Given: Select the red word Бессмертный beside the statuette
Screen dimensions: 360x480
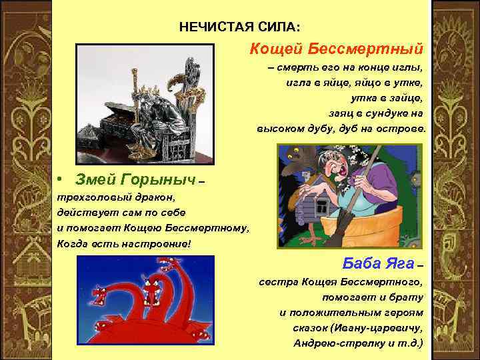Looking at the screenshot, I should click(365, 49).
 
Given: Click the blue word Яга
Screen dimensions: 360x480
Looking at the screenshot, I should click(397, 261).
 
